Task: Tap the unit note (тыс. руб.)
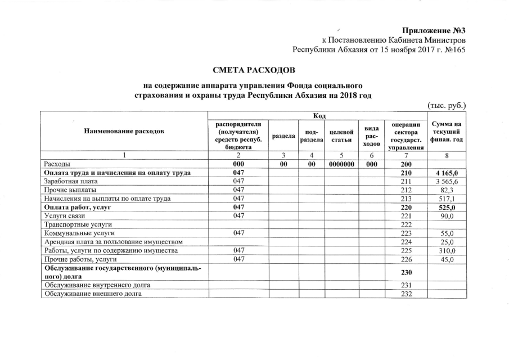[448, 106]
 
